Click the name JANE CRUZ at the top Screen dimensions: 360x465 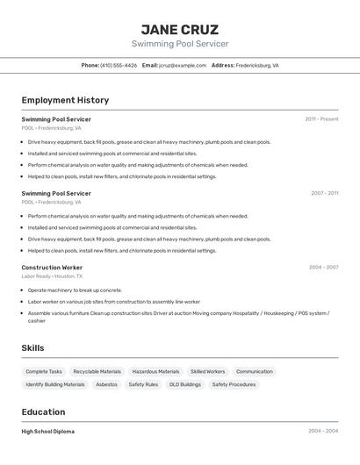(180, 29)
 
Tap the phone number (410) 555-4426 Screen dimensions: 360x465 (119, 65)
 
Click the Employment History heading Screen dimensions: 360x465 (65, 100)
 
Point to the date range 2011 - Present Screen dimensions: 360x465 (321, 118)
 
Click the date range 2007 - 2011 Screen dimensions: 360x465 (324, 193)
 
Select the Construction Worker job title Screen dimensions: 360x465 (52, 268)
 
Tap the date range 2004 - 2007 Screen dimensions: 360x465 (323, 268)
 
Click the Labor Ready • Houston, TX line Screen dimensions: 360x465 (52, 276)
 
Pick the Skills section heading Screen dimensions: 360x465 (32, 348)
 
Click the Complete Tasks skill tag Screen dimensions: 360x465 (44, 371)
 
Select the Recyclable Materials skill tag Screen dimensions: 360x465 (97, 371)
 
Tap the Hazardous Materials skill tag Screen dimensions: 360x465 (155, 371)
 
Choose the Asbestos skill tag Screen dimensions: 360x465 (106, 384)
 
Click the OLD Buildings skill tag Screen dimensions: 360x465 (185, 384)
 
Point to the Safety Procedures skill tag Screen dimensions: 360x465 (233, 384)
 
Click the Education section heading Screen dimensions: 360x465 (43, 412)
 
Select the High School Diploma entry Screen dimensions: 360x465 (48, 432)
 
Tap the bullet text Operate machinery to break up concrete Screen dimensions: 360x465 (75, 290)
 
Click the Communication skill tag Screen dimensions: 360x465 (255, 371)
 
